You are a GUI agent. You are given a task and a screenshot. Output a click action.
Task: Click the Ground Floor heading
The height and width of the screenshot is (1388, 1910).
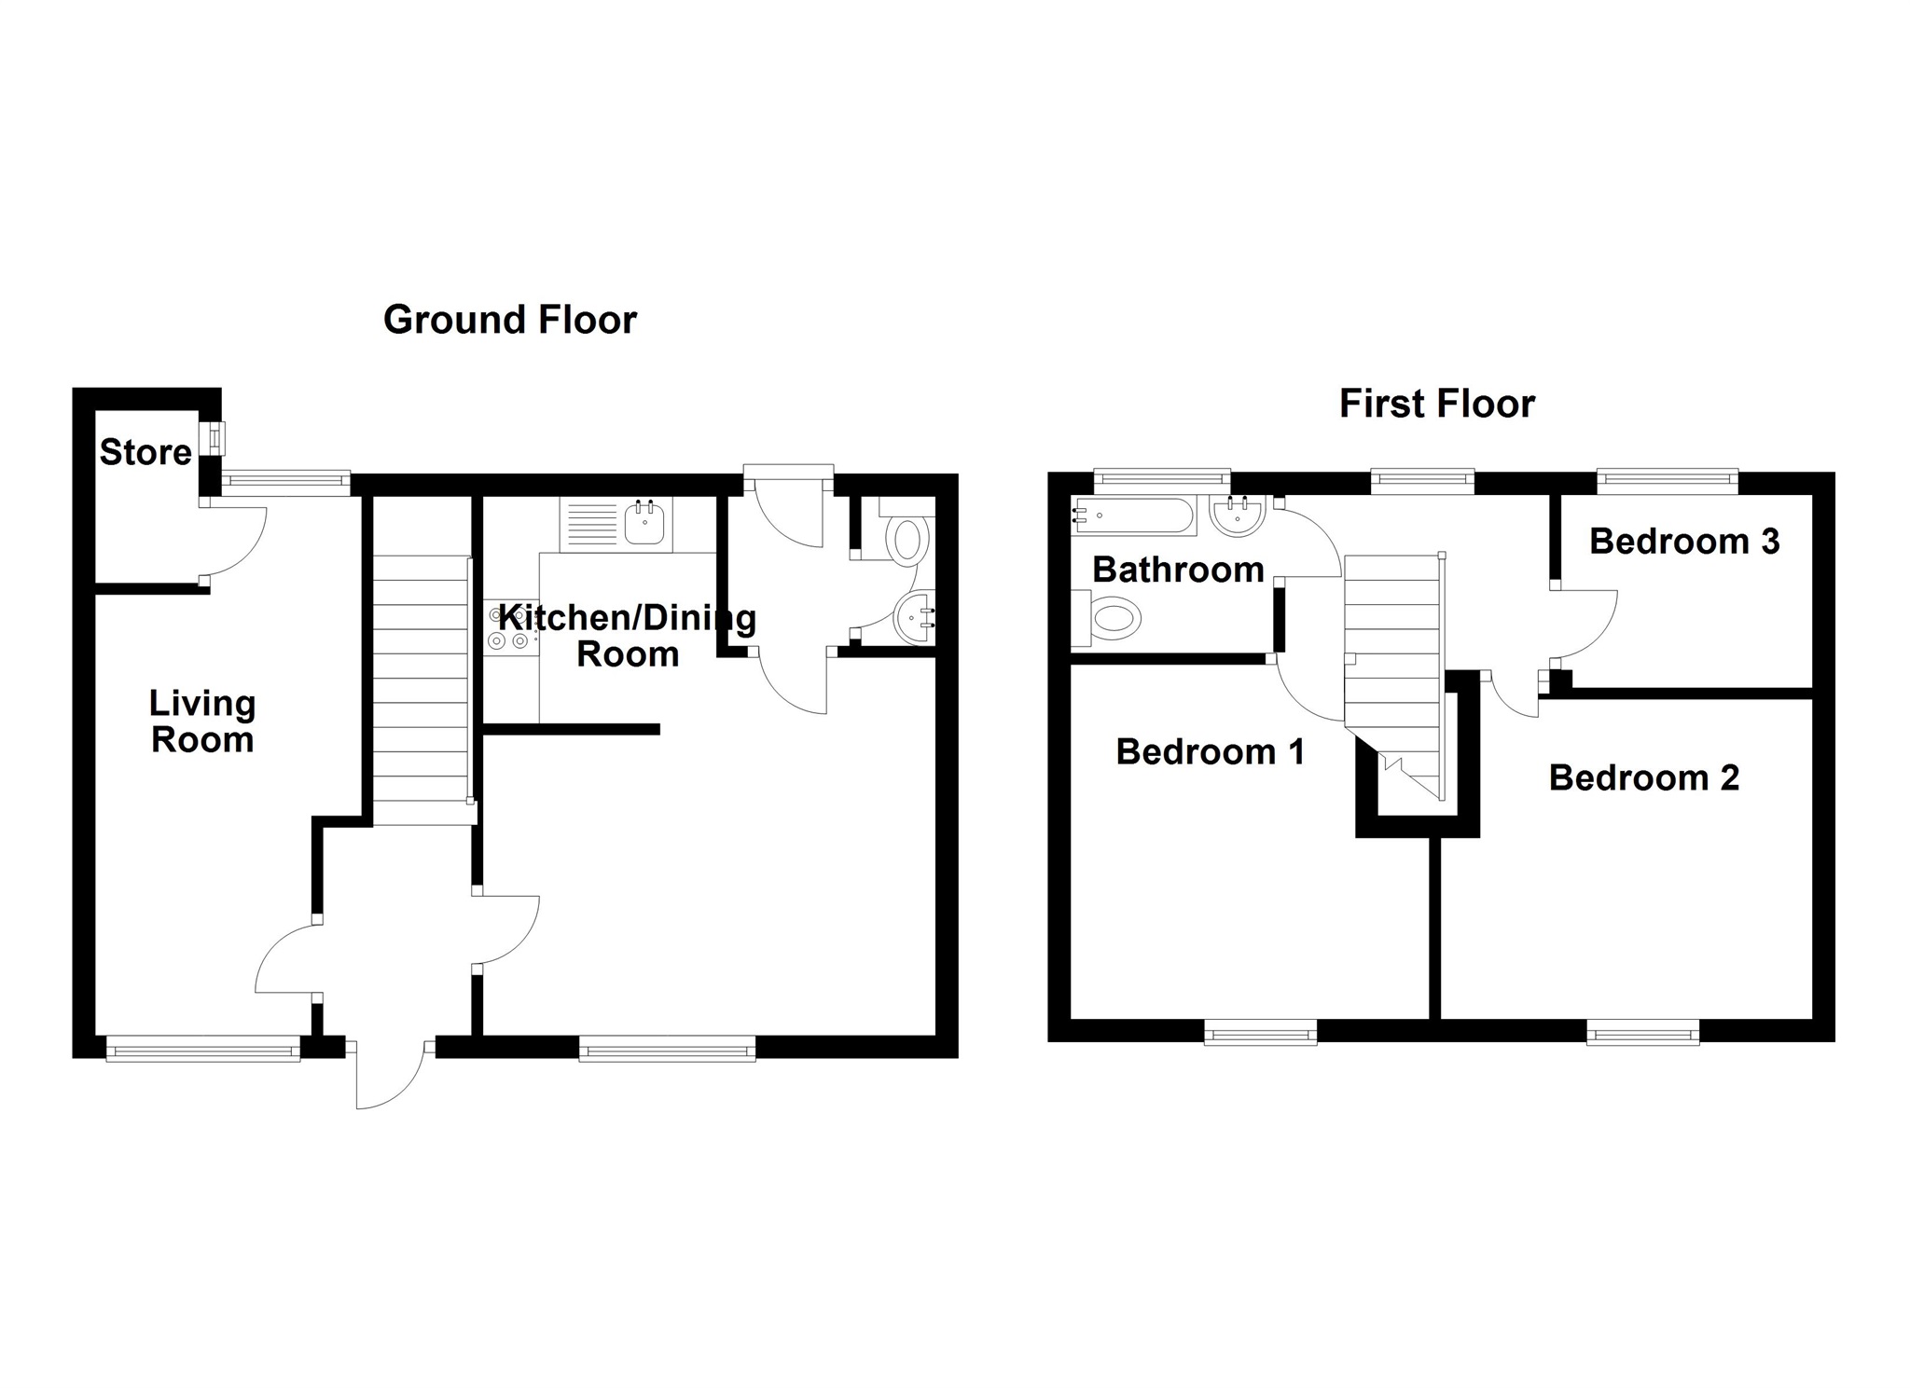pos(509,320)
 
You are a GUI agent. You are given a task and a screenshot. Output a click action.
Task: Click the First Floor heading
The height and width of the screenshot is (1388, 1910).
pos(1436,404)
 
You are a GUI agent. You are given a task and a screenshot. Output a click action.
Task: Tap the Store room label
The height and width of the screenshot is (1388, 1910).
pos(145,452)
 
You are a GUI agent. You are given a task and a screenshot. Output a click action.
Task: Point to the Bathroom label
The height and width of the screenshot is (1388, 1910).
pos(1177,569)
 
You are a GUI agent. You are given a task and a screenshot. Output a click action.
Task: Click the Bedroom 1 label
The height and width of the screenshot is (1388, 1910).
pos(1210,751)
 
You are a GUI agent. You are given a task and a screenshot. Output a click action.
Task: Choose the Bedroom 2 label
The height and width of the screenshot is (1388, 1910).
pos(1643,777)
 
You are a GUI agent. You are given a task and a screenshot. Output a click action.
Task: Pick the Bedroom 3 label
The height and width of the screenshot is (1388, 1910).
pos(1683,541)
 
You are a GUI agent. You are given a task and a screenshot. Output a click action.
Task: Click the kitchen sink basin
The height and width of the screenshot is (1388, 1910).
pos(644,525)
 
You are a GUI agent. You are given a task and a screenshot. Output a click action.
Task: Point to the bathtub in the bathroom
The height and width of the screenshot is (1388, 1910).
pos(1133,515)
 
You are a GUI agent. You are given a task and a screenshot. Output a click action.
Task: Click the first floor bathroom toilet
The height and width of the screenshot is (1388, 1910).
pos(1110,619)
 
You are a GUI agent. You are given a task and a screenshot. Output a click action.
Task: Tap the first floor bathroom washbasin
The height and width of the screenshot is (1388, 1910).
pos(1237,515)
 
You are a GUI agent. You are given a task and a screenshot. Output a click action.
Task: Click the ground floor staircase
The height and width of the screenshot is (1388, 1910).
pos(421,690)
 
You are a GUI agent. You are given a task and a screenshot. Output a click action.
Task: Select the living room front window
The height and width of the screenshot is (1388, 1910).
pos(203,1051)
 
